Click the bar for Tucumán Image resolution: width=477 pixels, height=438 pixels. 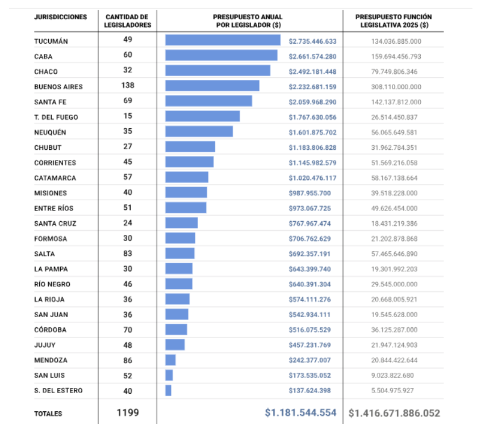pos(223,40)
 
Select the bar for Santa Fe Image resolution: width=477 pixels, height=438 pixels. pos(208,101)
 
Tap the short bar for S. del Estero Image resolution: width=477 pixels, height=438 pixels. pos(169,390)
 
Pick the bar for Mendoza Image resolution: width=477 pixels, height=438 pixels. pos(170,360)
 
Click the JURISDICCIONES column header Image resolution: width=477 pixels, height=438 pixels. pos(61,17)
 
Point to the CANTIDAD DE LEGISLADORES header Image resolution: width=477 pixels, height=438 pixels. pos(128,21)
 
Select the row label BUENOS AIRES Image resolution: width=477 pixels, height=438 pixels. pos(58,87)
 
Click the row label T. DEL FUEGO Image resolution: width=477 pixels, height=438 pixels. pos(56,117)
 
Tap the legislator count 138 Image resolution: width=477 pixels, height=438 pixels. pos(128,86)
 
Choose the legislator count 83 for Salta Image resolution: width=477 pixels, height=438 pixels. pos(128,254)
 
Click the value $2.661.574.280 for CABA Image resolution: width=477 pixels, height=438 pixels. pos(312,56)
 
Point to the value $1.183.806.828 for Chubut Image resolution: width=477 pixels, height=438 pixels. pos(312,148)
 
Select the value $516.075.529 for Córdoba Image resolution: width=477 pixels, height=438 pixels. pos(309,330)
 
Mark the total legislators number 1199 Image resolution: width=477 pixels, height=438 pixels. pos(128,413)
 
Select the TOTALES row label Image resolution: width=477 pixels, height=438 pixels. pos(48,414)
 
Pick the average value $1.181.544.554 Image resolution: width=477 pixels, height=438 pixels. pos(300,413)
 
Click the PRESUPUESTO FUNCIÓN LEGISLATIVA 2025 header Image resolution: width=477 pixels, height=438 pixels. pos(392,21)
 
